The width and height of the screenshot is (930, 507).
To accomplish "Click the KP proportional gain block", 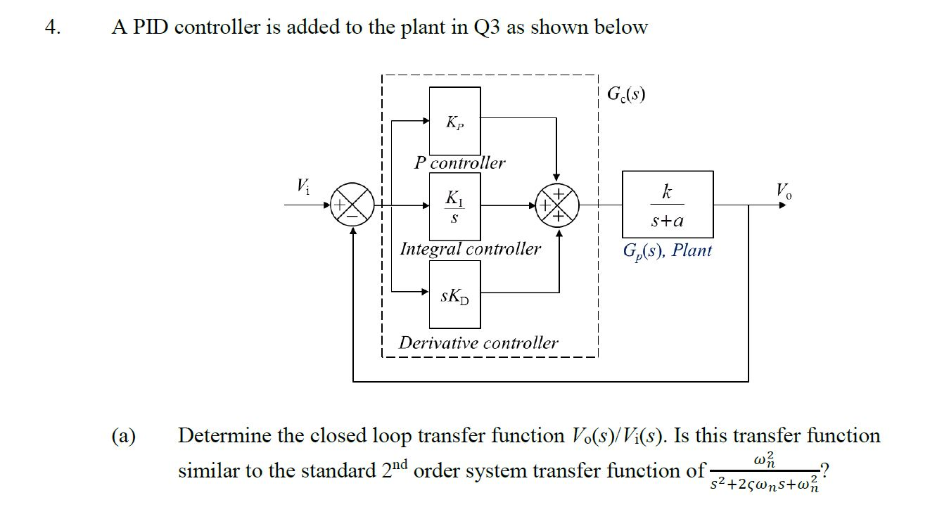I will (454, 121).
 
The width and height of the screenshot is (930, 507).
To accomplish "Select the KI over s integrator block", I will (454, 206).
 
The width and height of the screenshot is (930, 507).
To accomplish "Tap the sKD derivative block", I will (454, 295).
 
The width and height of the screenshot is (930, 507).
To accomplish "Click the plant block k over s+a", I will (667, 205).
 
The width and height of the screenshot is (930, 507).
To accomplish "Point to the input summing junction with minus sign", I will (353, 205).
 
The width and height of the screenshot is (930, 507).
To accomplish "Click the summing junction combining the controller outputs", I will (558, 205).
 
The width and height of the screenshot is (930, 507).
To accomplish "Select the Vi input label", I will (302, 186).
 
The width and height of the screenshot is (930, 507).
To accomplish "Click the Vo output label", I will (782, 190).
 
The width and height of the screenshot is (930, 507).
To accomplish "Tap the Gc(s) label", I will (625, 94).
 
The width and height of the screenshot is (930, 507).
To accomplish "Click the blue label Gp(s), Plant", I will (667, 250).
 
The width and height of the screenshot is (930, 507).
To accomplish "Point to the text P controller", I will (459, 162).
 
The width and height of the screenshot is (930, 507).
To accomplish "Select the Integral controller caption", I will (470, 248).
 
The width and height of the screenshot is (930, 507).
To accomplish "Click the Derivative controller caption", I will (478, 342).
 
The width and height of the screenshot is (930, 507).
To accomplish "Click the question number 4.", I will (52, 27).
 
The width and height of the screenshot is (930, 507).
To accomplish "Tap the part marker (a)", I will (125, 436).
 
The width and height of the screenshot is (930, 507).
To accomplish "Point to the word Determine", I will (224, 436).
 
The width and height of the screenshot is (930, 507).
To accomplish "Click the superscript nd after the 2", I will (397, 464).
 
